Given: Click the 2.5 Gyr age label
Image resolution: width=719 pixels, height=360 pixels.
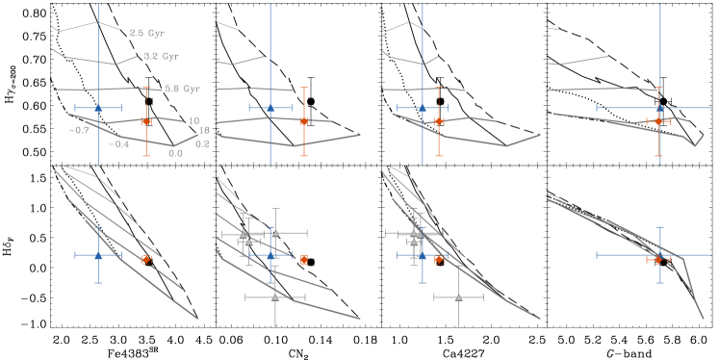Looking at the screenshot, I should tap(147, 32).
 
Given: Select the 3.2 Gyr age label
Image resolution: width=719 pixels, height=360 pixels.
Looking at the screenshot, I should tap(161, 57).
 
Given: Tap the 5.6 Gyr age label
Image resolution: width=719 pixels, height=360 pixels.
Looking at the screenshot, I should tap(182, 89).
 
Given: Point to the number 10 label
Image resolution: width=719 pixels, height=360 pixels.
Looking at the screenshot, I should tap(193, 122).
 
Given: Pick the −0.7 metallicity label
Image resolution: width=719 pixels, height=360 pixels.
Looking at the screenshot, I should tap(80, 131).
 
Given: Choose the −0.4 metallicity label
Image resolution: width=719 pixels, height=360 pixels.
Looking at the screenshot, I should tap(119, 144).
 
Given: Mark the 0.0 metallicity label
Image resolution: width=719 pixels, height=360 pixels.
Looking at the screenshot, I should tap(175, 153).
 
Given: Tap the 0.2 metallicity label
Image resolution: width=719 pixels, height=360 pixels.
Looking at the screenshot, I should tap(202, 144).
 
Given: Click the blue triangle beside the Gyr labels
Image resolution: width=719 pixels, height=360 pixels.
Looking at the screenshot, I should tap(98, 107).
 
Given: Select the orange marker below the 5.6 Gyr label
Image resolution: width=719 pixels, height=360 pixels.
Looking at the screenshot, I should tap(146, 121).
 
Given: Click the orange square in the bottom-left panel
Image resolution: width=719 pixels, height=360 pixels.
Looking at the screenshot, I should tap(146, 259).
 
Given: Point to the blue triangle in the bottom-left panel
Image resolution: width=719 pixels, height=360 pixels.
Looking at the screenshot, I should tap(98, 255).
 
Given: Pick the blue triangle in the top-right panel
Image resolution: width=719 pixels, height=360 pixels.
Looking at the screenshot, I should tap(660, 107).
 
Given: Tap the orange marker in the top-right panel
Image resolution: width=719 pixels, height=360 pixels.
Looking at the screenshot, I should tap(658, 121).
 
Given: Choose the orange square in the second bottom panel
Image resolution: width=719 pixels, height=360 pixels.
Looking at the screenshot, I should tap(304, 259).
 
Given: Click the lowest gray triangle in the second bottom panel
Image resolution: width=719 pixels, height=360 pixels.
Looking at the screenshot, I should tap(275, 297).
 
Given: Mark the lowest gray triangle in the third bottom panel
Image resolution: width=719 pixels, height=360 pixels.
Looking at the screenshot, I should tap(458, 297).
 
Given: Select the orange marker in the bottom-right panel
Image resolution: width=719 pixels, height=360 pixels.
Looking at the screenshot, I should tap(658, 259).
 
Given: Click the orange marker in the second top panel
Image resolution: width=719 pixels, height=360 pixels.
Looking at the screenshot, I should tap(304, 121).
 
